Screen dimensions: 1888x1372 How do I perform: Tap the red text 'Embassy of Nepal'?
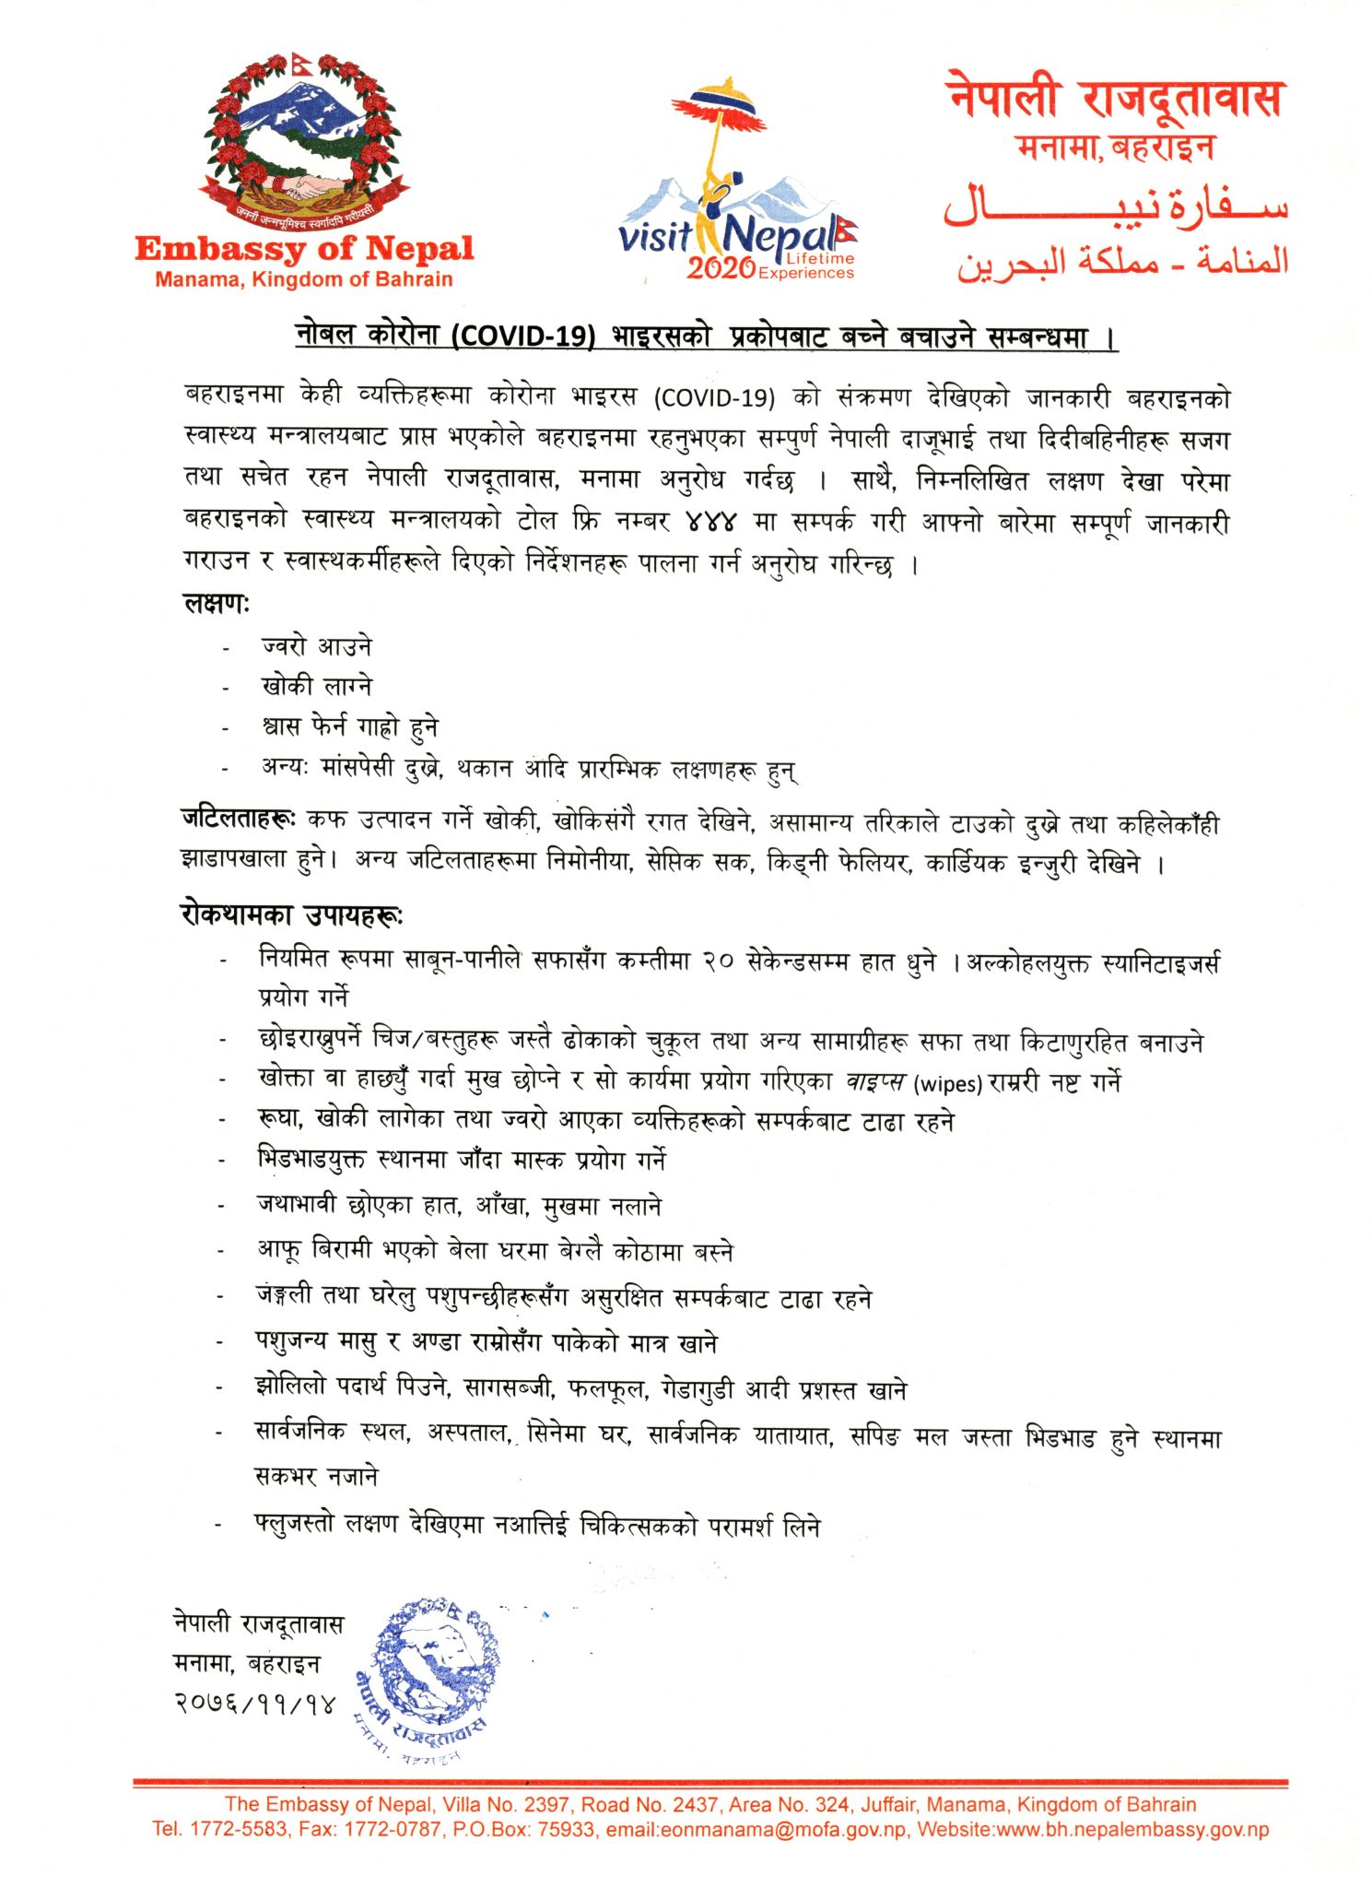click(x=304, y=248)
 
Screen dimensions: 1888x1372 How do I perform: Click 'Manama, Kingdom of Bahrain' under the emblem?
click(x=304, y=279)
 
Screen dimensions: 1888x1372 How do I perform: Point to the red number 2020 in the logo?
click(x=721, y=268)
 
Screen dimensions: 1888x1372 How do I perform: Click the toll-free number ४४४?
click(x=711, y=522)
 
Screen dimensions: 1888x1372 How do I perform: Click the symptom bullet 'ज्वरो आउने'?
click(x=316, y=646)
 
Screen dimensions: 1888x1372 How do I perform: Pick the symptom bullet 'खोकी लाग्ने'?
click(x=316, y=687)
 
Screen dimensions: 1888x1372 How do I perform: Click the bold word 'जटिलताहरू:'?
click(x=238, y=819)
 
